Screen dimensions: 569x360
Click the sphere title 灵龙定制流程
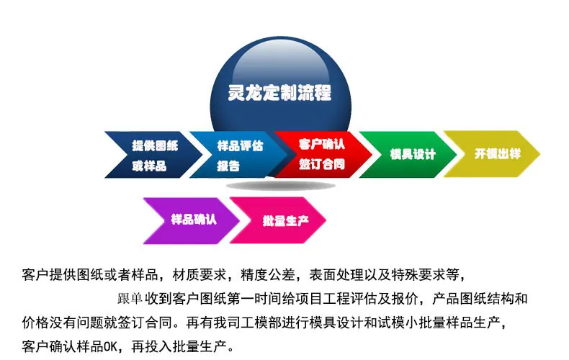point(279,93)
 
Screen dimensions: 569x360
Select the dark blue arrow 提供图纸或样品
point(153,155)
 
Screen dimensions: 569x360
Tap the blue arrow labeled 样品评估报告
point(238,155)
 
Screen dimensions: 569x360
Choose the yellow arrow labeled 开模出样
point(493,154)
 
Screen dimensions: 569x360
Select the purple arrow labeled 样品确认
point(192,220)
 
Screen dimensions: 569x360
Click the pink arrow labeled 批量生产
point(278,220)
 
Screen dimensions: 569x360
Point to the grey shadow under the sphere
point(280,186)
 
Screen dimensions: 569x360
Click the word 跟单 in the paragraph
point(130,299)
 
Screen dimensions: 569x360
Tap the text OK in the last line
point(111,346)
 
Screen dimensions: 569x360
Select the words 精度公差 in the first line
point(268,275)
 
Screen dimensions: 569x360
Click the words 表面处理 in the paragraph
point(336,275)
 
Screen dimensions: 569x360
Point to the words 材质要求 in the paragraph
point(200,275)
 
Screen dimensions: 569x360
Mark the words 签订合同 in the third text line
point(145,323)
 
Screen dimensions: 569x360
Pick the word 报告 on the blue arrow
point(228,166)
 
